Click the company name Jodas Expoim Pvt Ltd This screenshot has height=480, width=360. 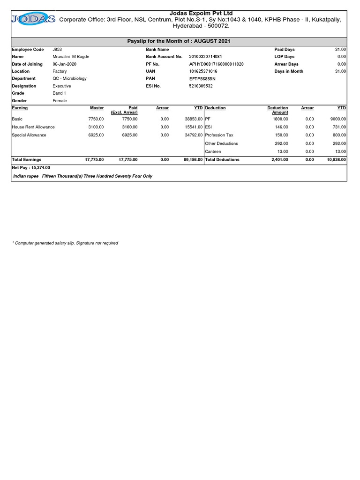(x=200, y=13)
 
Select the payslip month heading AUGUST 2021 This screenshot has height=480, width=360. (x=179, y=42)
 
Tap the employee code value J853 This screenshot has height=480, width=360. (x=58, y=49)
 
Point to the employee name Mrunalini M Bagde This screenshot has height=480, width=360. (x=71, y=57)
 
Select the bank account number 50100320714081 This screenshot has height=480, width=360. (x=205, y=57)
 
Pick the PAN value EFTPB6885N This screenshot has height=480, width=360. (x=202, y=79)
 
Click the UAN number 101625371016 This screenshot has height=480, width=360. (x=203, y=71)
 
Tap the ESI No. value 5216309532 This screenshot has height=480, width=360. (x=201, y=86)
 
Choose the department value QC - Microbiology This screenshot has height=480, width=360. (x=70, y=79)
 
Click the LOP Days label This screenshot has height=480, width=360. (x=285, y=57)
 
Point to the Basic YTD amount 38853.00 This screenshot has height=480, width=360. (x=193, y=119)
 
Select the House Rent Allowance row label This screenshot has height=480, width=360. (x=33, y=127)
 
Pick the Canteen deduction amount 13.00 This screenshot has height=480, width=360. (x=283, y=152)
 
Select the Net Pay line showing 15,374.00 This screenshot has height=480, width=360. (x=31, y=167)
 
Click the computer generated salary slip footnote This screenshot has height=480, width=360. (x=66, y=243)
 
